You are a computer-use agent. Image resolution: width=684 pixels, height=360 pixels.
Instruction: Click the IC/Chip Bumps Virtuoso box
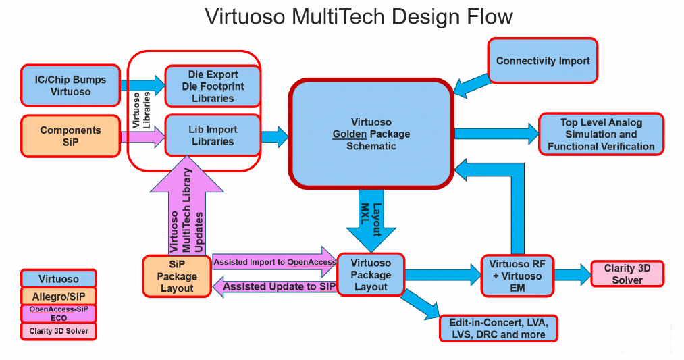point(70,85)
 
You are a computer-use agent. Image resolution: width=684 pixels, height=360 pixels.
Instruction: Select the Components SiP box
point(70,136)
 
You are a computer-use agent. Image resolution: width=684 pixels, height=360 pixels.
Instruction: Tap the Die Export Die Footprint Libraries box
point(213,86)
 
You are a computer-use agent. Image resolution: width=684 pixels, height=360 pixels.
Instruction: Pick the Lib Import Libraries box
point(213,136)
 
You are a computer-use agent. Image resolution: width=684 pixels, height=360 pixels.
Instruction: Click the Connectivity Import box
point(543,61)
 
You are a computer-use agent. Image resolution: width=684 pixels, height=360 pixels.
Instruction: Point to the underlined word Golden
point(349,134)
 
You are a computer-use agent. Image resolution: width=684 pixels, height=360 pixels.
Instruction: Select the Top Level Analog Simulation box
point(601,134)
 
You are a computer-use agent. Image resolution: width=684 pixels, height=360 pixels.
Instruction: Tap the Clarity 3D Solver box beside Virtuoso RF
point(627,274)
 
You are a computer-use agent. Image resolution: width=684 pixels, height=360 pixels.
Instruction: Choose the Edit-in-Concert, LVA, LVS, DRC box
point(498,328)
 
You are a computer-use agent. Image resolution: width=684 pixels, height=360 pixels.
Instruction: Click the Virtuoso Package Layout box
point(371,275)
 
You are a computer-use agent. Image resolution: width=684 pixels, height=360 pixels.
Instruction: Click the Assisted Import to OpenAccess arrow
point(273,262)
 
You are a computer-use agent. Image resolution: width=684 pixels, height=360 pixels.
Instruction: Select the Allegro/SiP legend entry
point(58,296)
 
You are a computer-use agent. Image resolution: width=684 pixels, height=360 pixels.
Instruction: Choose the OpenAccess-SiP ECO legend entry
point(58,313)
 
